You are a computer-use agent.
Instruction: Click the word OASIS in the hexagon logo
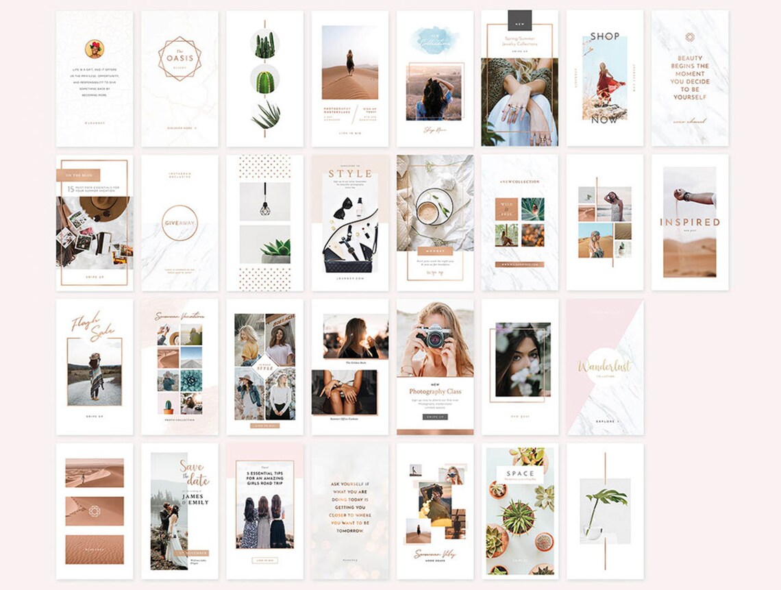click(179, 58)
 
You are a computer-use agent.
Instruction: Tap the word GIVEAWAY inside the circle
click(179, 222)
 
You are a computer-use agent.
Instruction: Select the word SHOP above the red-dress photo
click(604, 36)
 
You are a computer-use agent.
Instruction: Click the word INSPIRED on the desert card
click(689, 222)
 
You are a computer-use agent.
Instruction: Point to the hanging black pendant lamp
click(264, 207)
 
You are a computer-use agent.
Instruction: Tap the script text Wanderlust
click(604, 367)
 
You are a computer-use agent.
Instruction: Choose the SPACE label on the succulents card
click(520, 474)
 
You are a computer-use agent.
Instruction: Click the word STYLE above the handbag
click(350, 173)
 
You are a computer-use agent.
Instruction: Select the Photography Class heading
click(435, 391)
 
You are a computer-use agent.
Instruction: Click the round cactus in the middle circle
click(264, 81)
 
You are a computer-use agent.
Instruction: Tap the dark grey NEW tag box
click(519, 20)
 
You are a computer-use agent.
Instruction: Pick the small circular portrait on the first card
click(94, 49)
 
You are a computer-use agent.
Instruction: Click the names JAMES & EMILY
click(195, 497)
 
